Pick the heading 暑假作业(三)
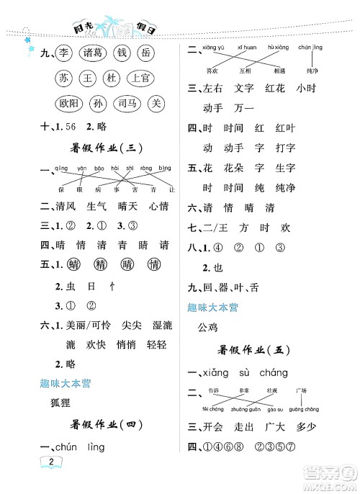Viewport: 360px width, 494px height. click(x=107, y=148)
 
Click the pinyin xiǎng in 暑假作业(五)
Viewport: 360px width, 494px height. click(x=220, y=372)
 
